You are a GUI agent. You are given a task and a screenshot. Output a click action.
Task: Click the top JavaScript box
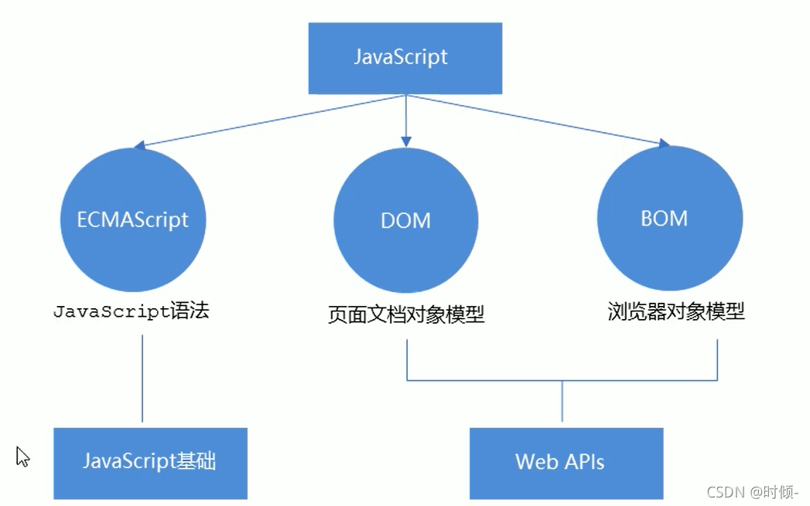pos(405,58)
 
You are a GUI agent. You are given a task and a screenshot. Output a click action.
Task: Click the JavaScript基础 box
pos(150,463)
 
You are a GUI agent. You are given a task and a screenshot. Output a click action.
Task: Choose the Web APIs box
pos(566,463)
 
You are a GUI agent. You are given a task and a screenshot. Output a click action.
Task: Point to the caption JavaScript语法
pos(131,312)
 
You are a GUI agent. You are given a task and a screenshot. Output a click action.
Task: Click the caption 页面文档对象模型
pos(405,315)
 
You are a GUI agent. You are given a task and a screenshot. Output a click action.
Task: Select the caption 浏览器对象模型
pos(675,312)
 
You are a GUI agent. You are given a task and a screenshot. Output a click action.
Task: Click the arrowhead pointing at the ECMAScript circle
pos(139,144)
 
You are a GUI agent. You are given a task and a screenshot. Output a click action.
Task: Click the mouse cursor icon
pos(22,456)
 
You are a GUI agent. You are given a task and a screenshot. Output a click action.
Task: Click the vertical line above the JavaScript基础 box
pos(143,379)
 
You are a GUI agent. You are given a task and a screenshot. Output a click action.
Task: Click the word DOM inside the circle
pos(405,221)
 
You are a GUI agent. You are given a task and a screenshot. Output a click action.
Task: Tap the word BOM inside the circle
pos(664,219)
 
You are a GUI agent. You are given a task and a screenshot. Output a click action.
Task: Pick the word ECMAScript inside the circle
pos(132,219)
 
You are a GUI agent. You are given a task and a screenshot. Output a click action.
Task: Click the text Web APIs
pos(559,462)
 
